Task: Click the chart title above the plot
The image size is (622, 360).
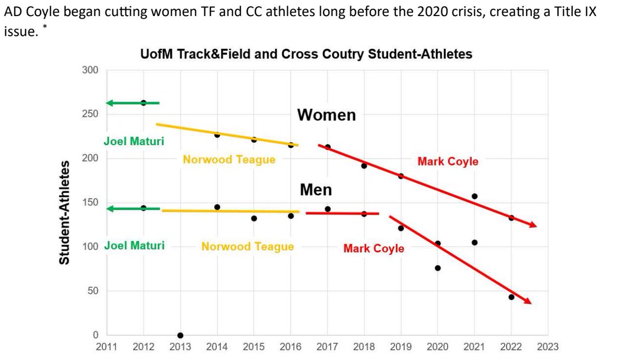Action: pyautogui.click(x=306, y=54)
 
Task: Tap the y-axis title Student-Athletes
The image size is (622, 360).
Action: pyautogui.click(x=64, y=213)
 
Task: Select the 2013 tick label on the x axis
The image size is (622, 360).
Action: pyautogui.click(x=180, y=347)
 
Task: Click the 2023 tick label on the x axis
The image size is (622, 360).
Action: pyautogui.click(x=548, y=347)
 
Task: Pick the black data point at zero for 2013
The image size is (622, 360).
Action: pyautogui.click(x=180, y=335)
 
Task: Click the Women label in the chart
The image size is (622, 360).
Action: pyautogui.click(x=327, y=115)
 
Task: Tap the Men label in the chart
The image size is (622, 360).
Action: pyautogui.click(x=316, y=190)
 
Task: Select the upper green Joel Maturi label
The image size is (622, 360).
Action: pyautogui.click(x=134, y=141)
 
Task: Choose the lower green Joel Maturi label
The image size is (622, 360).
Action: pyautogui.click(x=134, y=245)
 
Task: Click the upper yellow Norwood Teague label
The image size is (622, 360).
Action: pyautogui.click(x=229, y=160)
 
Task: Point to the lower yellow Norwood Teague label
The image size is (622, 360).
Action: pyautogui.click(x=247, y=246)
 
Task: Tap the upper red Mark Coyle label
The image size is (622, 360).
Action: pyautogui.click(x=448, y=161)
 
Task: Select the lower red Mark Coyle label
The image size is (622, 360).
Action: pyautogui.click(x=373, y=248)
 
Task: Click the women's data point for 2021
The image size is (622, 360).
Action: pyautogui.click(x=474, y=196)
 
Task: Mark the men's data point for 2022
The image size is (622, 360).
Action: pyautogui.click(x=511, y=297)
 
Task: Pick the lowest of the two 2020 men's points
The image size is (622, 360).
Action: pyautogui.click(x=437, y=268)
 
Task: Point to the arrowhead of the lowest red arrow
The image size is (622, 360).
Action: pyautogui.click(x=527, y=301)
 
